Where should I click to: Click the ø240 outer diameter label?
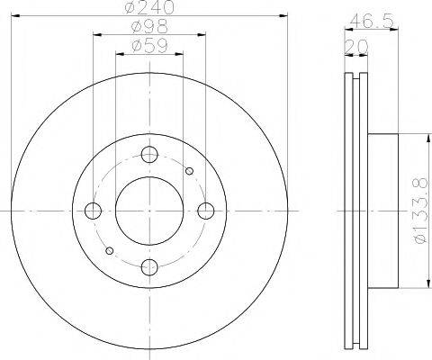coord(149,8)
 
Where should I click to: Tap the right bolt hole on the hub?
coord(206,211)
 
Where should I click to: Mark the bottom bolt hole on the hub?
coord(149,266)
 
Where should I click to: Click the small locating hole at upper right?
coord(189,170)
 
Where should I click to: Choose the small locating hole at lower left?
coord(110,250)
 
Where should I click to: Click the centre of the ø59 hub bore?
coord(149,211)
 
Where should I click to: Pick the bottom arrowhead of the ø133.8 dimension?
coord(416,286)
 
